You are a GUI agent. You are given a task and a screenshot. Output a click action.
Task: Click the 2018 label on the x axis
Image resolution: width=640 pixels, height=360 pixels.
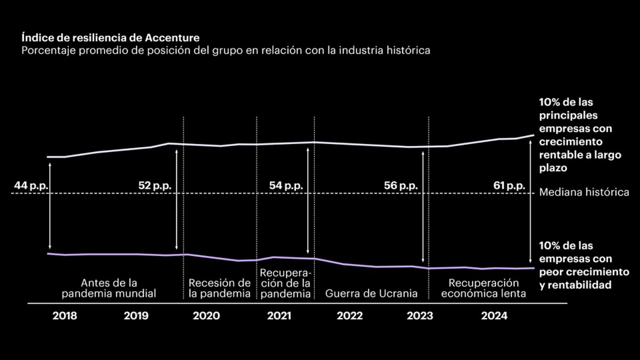tap(65, 316)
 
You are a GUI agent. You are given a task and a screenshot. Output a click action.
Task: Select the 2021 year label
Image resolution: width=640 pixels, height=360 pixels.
tap(279, 316)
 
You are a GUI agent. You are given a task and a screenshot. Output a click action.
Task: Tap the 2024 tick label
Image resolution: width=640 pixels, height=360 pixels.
tap(494, 316)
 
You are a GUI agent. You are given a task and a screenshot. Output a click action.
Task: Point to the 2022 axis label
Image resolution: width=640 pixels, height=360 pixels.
tap(350, 316)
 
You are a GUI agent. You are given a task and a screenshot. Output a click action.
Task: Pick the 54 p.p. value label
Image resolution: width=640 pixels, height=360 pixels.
tap(286, 186)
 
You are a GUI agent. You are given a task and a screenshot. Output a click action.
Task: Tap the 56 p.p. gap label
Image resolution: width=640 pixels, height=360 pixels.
tap(401, 186)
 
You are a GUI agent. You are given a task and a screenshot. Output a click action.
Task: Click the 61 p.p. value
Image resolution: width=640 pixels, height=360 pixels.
tap(509, 186)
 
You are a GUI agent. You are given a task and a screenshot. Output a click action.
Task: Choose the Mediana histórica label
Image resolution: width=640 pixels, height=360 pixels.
tap(585, 193)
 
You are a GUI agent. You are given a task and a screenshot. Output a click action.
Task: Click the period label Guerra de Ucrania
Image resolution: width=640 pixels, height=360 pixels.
tap(371, 293)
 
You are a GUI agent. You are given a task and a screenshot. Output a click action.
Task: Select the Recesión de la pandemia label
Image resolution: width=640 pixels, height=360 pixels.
tap(219, 288)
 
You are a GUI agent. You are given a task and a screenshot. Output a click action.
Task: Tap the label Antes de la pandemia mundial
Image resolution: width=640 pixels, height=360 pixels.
tap(109, 288)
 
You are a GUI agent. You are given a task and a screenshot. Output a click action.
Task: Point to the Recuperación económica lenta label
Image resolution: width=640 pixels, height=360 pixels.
tap(484, 288)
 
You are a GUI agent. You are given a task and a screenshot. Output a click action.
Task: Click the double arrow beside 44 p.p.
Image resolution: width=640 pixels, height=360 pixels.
tap(50, 205)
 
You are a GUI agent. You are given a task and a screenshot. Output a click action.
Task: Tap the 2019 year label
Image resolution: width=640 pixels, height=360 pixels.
tap(136, 316)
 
